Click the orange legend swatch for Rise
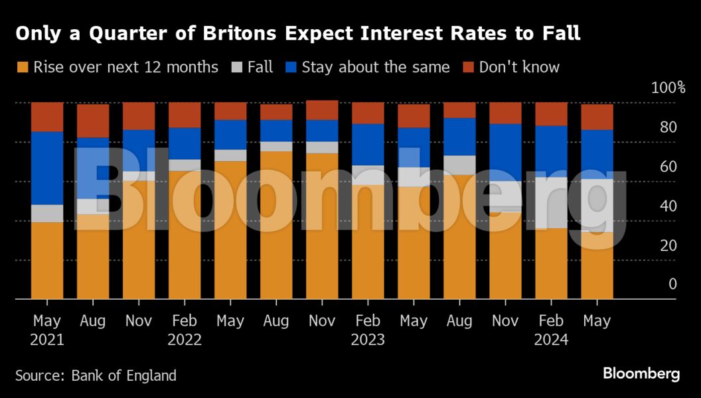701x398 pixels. pyautogui.click(x=23, y=67)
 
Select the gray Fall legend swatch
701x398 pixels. pyautogui.click(x=237, y=67)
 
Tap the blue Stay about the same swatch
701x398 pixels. pyautogui.click(x=291, y=67)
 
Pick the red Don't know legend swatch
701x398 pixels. pyautogui.click(x=468, y=67)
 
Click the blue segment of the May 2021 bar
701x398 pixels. pyautogui.click(x=47, y=168)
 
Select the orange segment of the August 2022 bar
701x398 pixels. pyautogui.click(x=276, y=225)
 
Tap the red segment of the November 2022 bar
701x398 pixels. pyautogui.click(x=322, y=110)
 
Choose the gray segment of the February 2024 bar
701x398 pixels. pyautogui.click(x=551, y=202)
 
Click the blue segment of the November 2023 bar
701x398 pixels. pyautogui.click(x=505, y=152)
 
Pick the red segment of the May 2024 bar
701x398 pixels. pyautogui.click(x=597, y=117)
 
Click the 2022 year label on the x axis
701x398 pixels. pyautogui.click(x=185, y=340)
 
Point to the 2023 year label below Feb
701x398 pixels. pyautogui.click(x=368, y=340)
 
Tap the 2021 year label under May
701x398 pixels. pyautogui.click(x=47, y=340)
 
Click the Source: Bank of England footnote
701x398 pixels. pyautogui.click(x=96, y=375)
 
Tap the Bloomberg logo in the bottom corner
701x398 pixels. pyautogui.click(x=641, y=374)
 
